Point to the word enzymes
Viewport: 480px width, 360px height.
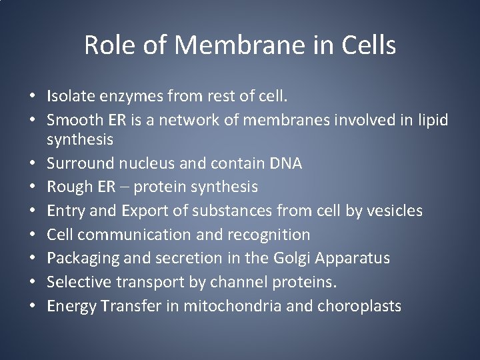[x=129, y=96]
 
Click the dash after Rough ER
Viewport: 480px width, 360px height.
[x=124, y=187]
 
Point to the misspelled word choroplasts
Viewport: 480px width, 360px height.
[x=365, y=305]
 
